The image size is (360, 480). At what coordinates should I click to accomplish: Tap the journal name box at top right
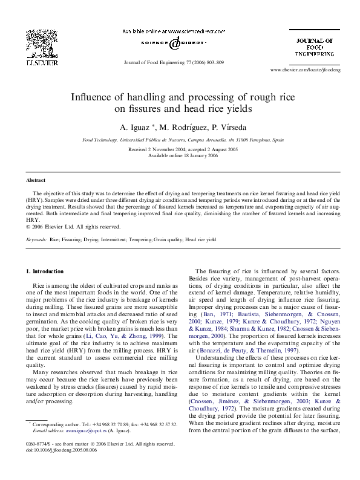[313, 47]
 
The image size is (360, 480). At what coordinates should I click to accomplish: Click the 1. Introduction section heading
[45, 271]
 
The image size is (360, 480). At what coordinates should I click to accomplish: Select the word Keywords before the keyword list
[36, 240]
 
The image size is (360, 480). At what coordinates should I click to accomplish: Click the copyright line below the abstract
[73, 227]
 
